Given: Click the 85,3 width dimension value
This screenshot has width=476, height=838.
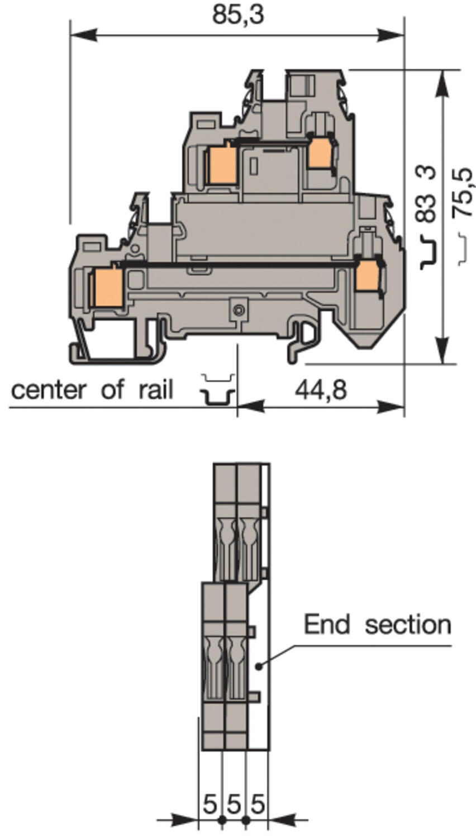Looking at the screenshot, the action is pyautogui.click(x=238, y=15).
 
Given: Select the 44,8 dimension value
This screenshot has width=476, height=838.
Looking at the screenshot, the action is pyautogui.click(x=321, y=390).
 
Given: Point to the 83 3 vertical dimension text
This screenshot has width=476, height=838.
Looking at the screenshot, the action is pyautogui.click(x=426, y=194).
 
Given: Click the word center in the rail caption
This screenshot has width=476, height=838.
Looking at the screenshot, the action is pyautogui.click(x=49, y=390).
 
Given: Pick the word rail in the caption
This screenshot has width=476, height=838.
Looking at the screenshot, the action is pyautogui.click(x=156, y=389).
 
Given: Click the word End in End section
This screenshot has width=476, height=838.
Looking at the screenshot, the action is pyautogui.click(x=327, y=625).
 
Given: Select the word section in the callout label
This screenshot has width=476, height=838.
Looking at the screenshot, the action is pyautogui.click(x=408, y=625).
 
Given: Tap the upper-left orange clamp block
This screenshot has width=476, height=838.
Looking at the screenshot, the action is pyautogui.click(x=223, y=164).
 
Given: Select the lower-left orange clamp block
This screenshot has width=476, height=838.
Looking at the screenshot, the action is pyautogui.click(x=109, y=287).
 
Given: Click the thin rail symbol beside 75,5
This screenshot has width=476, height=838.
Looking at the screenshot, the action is pyautogui.click(x=463, y=249).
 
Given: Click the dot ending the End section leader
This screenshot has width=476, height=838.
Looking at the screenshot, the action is pyautogui.click(x=258, y=666).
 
